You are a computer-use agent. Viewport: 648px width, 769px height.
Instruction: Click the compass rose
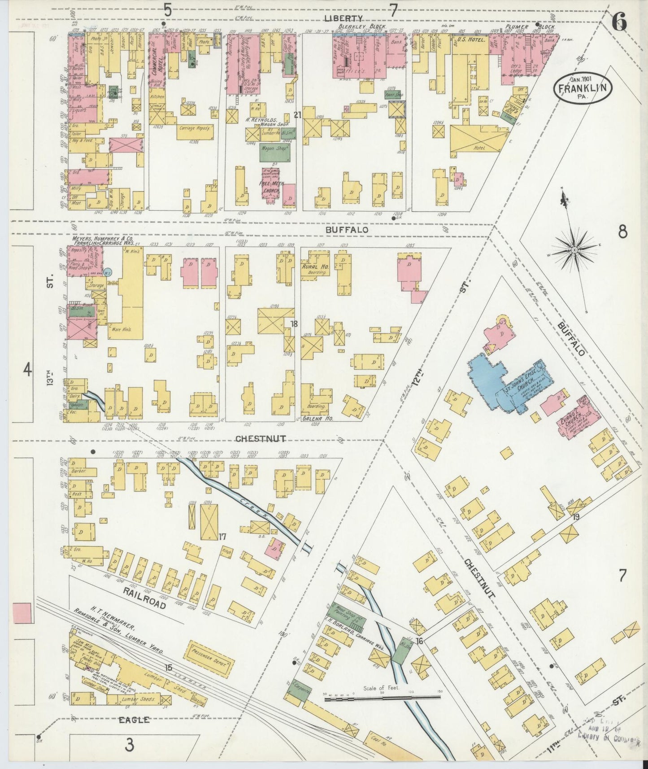tap(574, 249)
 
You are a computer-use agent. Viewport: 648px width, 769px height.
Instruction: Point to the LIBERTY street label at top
tap(349, 18)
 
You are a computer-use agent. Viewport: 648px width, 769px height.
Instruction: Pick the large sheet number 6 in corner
tap(619, 21)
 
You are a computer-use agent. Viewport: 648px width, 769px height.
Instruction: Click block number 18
tap(294, 324)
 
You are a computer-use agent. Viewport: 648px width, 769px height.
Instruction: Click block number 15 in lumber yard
tap(168, 668)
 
